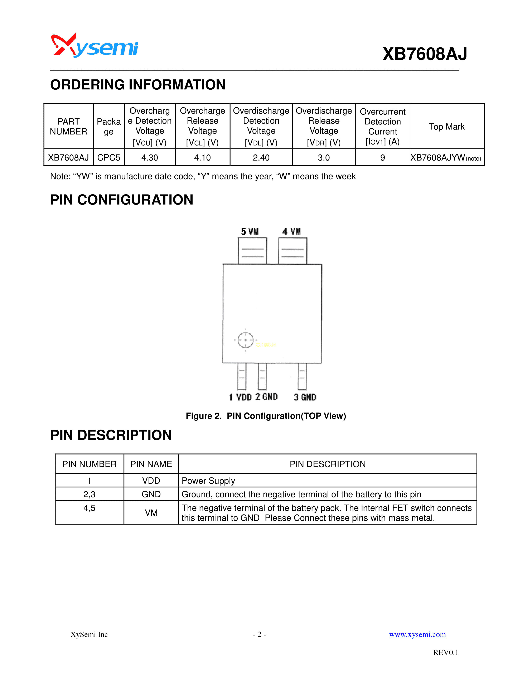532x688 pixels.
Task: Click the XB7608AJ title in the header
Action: (425, 54)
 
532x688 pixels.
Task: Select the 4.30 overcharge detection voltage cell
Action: (150, 157)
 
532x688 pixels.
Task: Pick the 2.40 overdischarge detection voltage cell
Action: (261, 157)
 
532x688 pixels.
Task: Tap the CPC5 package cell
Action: (109, 157)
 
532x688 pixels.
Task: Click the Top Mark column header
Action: (447, 127)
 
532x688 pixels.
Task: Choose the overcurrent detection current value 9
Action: (382, 157)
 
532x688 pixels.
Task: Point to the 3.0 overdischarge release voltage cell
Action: (324, 157)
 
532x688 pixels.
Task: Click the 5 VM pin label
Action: (250, 232)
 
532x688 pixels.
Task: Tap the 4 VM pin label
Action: (291, 232)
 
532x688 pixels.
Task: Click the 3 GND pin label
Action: (305, 397)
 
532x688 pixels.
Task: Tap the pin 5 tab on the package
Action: (252, 251)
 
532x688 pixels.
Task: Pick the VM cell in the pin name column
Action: (151, 512)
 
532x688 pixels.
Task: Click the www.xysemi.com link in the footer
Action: (417, 634)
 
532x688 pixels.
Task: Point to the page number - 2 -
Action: (259, 634)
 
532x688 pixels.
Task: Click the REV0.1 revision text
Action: (446, 652)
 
